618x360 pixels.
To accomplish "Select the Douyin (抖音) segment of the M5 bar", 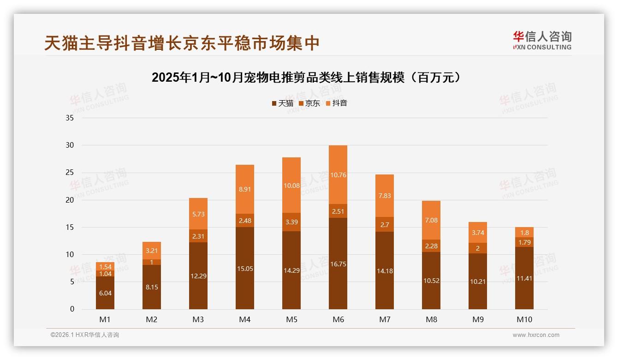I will (291, 185).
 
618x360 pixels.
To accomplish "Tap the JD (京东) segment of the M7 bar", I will (385, 224).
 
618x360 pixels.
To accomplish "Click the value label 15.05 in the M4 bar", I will (245, 269).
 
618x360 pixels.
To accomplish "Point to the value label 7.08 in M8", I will (431, 220).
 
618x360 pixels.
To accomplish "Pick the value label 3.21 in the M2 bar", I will (152, 251).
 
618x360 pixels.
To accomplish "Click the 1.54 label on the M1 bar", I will (105, 267).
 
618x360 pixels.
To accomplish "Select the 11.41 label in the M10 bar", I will (524, 278).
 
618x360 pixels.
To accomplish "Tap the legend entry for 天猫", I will (282, 103).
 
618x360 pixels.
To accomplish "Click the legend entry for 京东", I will (309, 103).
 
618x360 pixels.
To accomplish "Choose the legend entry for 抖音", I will (336, 103).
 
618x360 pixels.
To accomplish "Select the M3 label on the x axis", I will (198, 319).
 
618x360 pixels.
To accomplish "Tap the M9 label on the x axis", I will (478, 319).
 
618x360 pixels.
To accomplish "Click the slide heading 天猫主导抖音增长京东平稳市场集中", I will (182, 43).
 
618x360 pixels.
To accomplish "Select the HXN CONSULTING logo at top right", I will (542, 41).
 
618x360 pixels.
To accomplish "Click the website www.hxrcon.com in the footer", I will (536, 335).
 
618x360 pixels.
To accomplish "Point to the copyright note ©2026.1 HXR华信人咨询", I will (85, 335).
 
